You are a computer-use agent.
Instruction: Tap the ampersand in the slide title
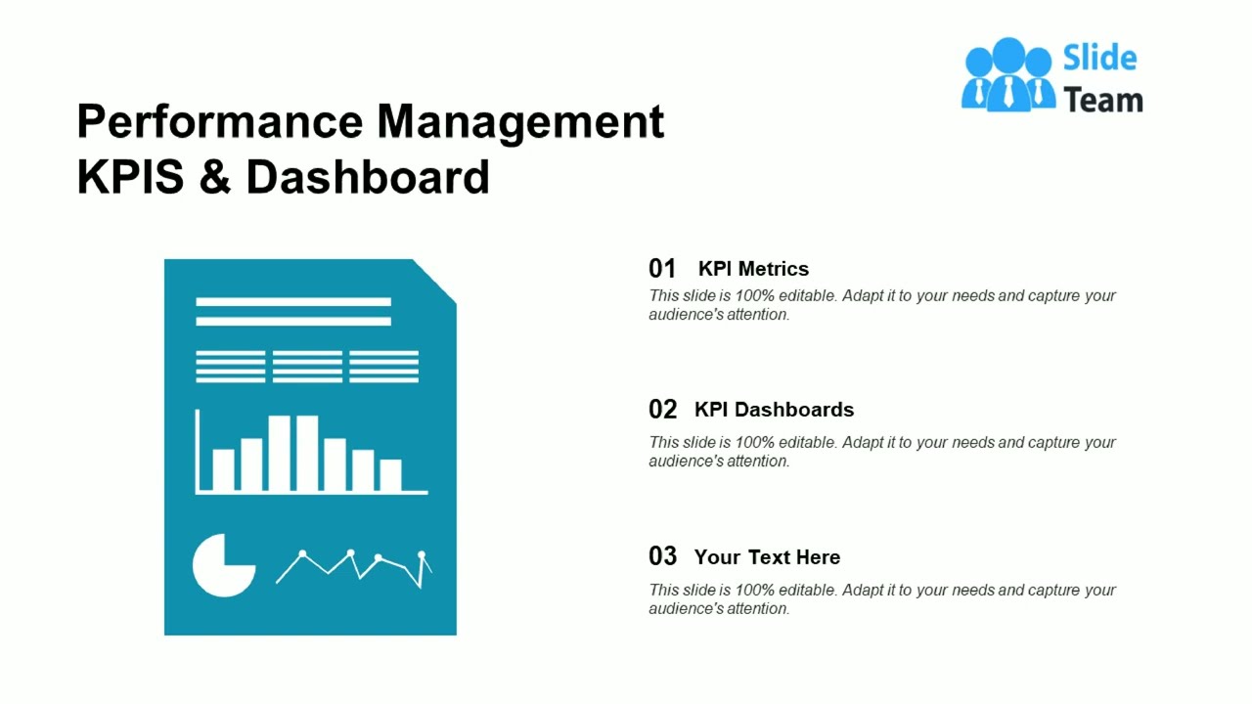pos(214,178)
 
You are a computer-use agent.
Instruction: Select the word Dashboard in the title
pos(367,178)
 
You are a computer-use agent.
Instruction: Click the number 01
pos(662,269)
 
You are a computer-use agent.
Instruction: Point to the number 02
pos(662,410)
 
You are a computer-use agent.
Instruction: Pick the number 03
pos(662,557)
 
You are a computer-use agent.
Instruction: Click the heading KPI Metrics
pos(753,269)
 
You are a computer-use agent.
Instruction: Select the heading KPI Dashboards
pos(774,410)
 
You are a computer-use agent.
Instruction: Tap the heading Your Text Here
pos(767,557)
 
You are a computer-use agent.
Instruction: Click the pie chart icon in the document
pos(222,565)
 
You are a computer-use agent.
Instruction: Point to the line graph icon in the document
pos(353,568)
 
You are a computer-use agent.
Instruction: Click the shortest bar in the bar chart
pos(390,475)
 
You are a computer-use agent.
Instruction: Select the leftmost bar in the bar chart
pos(223,470)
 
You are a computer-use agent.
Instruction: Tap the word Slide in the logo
pos(1099,59)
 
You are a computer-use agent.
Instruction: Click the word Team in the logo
pos(1102,100)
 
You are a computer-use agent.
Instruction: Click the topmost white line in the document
pos(293,302)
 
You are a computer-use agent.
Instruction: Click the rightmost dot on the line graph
pos(422,556)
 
